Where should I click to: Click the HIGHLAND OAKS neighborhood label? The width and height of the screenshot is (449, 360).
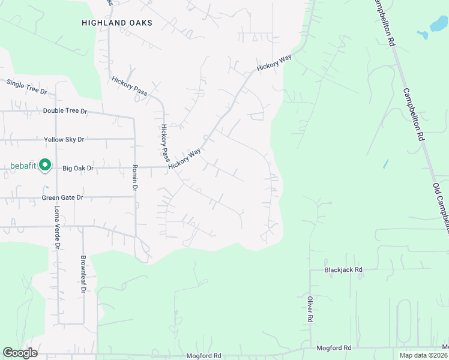[x=117, y=23]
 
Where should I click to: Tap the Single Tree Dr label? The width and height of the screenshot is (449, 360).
[x=26, y=87]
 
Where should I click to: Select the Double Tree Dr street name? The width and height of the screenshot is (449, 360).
[x=65, y=111]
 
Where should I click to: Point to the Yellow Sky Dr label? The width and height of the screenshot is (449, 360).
[x=64, y=139]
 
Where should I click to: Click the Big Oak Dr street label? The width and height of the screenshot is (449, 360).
[x=78, y=169]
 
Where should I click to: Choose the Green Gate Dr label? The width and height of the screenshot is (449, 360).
[x=62, y=197]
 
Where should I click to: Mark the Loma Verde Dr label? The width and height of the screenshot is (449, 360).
[x=58, y=227]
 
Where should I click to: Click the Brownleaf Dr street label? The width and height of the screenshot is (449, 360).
[x=84, y=275]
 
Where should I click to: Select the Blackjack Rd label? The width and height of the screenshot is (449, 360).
[x=343, y=270]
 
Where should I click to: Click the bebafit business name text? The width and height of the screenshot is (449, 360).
[x=23, y=166]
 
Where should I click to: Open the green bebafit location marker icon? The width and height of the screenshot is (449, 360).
[x=44, y=165]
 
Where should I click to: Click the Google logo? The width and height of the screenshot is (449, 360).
[x=20, y=353]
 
